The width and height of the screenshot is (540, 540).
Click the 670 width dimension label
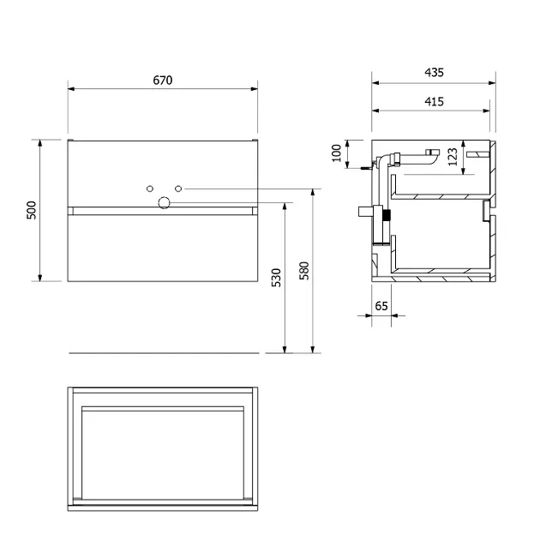[163, 81]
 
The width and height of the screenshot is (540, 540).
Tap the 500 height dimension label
[32, 210]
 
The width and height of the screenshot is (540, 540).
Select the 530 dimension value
[276, 278]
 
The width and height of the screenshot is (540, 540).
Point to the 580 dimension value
[304, 271]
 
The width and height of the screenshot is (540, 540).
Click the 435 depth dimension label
[434, 72]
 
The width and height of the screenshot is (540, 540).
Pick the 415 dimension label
[434, 102]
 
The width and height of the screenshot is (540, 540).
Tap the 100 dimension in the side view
[336, 153]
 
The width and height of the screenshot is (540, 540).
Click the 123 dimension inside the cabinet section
[453, 157]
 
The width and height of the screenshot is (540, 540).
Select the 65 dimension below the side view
[381, 306]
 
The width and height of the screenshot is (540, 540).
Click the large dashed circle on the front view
[164, 203]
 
